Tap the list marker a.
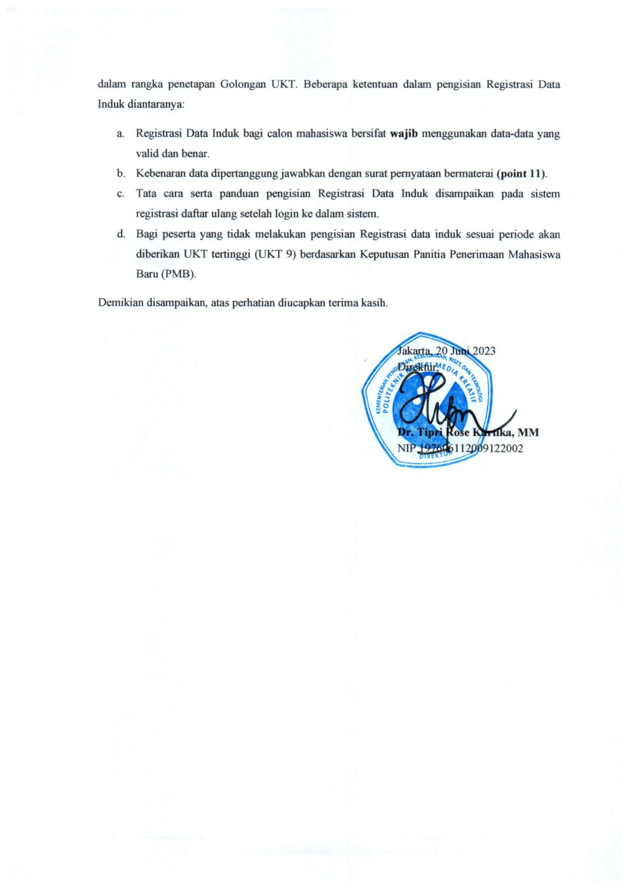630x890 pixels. coord(120,135)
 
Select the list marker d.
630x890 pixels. coord(120,234)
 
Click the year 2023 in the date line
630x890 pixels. coord(483,351)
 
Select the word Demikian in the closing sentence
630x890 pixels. coord(120,302)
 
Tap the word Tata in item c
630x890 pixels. coord(145,194)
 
